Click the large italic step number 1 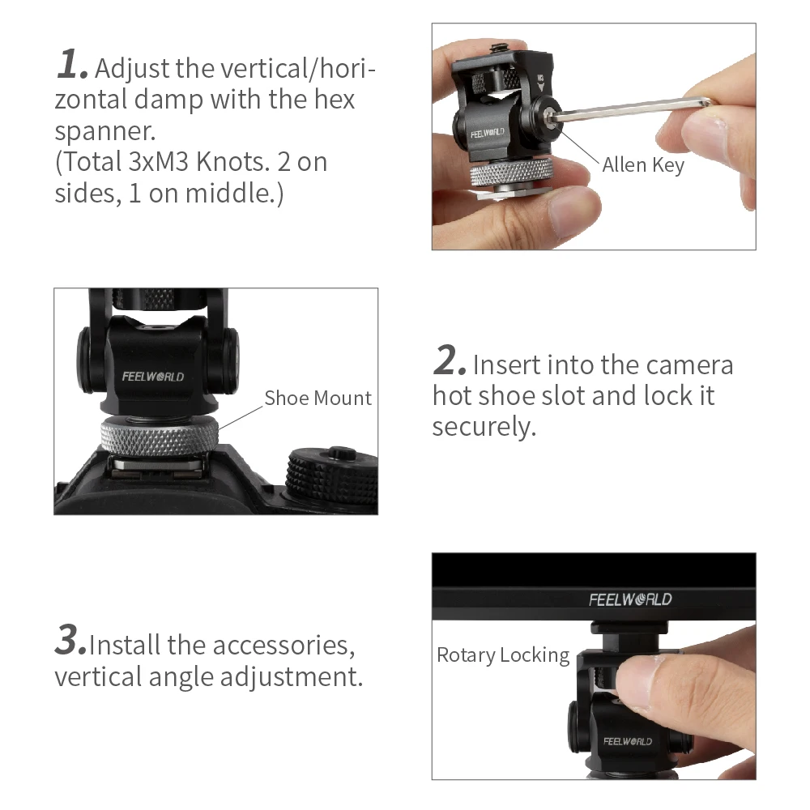coord(71,64)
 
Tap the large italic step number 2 coord(450,360)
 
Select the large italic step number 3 coord(70,640)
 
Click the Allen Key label coord(643,165)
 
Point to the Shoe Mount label coord(318,398)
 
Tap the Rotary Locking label coord(503,655)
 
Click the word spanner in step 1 coord(104,132)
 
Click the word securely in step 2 coord(484,427)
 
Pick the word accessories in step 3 coord(283,646)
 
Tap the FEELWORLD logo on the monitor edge coord(630,599)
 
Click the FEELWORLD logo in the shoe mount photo coord(153,377)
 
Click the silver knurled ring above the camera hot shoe coord(160,437)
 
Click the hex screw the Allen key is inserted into coord(549,114)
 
